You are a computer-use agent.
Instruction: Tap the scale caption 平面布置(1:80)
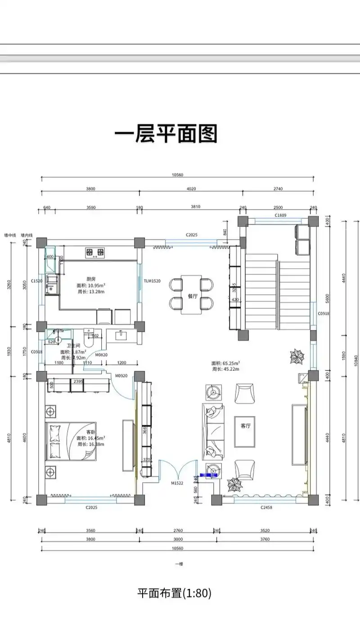[174, 593]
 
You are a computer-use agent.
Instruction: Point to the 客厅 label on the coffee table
[245, 425]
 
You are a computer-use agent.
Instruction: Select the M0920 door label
[121, 375]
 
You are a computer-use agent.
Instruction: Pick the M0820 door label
[101, 354]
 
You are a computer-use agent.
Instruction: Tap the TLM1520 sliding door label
[152, 281]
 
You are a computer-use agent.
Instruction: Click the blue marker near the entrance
[208, 475]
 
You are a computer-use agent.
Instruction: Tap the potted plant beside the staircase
[297, 357]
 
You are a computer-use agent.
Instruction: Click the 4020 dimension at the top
[192, 189]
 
